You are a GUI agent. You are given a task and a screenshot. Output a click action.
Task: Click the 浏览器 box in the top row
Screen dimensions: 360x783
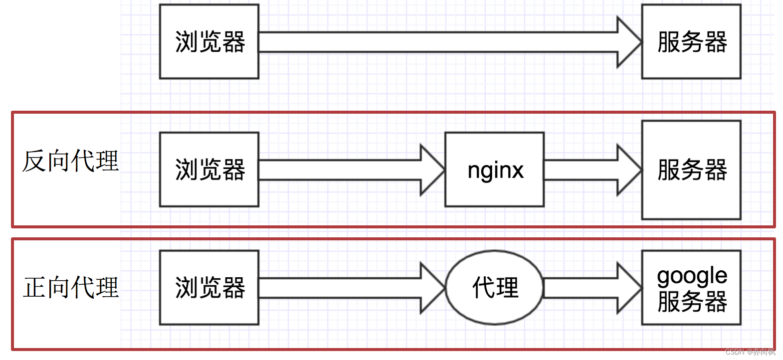[209, 42]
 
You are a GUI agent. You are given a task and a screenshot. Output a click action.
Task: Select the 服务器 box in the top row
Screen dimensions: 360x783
[691, 42]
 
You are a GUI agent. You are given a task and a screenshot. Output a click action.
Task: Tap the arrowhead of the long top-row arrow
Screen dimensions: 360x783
[628, 42]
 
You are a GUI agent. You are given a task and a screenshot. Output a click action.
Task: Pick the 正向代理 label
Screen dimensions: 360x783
[70, 288]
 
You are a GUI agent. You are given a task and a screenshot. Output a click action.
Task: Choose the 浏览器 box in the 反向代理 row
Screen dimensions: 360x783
[209, 170]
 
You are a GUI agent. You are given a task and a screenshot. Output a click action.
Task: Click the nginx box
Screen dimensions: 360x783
[494, 170]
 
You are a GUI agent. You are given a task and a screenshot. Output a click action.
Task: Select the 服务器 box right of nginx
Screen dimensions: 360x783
[691, 170]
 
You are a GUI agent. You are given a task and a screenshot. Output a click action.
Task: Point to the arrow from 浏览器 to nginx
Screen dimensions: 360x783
[349, 170]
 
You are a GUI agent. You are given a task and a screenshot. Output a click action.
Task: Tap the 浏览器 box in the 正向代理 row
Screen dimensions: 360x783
[209, 288]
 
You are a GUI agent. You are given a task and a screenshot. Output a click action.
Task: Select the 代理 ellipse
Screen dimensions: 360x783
[494, 288]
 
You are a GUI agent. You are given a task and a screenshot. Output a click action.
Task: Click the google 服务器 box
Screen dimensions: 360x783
[691, 288]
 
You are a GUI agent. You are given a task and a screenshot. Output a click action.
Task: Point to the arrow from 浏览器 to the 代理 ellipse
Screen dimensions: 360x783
[349, 288]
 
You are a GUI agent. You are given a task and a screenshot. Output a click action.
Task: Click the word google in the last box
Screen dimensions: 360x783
[692, 276]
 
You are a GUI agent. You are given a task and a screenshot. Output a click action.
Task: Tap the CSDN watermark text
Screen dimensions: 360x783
[750, 352]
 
